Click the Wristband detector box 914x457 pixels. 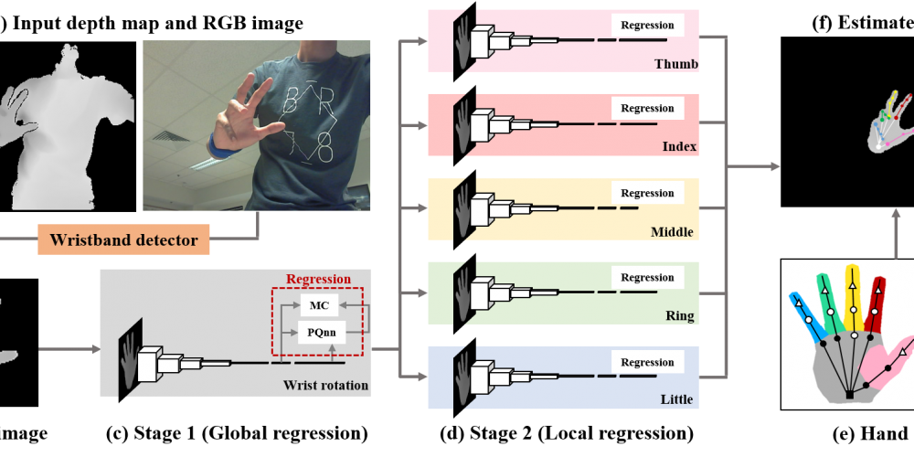pos(123,240)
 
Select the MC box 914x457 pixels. pos(318,305)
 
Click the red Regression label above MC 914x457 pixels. pos(318,279)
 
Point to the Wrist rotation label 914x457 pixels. pos(325,385)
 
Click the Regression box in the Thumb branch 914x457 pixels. pos(647,26)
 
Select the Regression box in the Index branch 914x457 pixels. pos(647,108)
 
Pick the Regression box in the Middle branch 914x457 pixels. pos(647,193)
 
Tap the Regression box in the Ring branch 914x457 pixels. pos(647,277)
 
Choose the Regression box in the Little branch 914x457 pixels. pos(647,362)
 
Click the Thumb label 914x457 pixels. pos(675,64)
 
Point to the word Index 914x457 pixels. pos(679,146)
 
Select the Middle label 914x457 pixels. pos(672,232)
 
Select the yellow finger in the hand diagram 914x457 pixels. pos(853,297)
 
